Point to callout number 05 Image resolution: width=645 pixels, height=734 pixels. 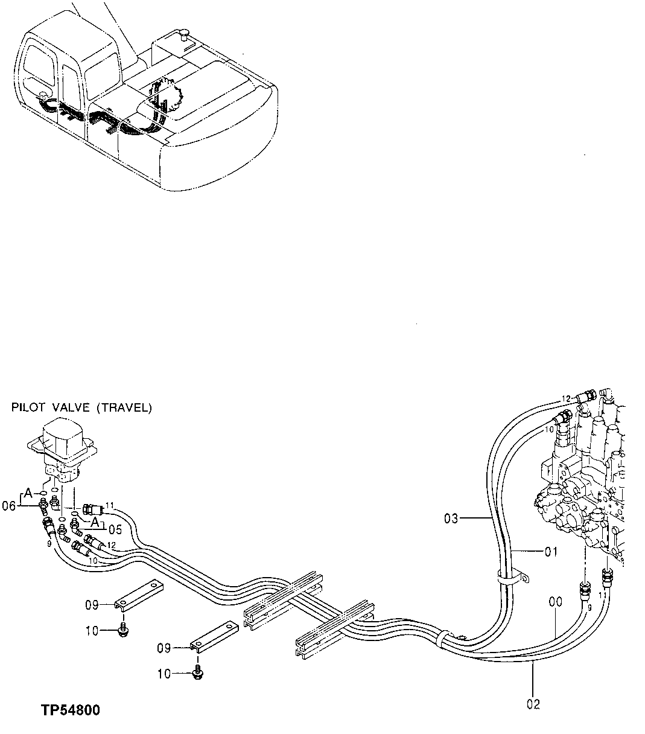(x=115, y=530)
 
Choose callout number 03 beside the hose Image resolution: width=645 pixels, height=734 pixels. (x=451, y=518)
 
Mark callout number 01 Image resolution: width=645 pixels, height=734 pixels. (x=551, y=551)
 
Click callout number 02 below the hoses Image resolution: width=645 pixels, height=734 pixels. (x=533, y=704)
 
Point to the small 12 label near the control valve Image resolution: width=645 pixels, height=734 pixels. (x=565, y=398)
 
